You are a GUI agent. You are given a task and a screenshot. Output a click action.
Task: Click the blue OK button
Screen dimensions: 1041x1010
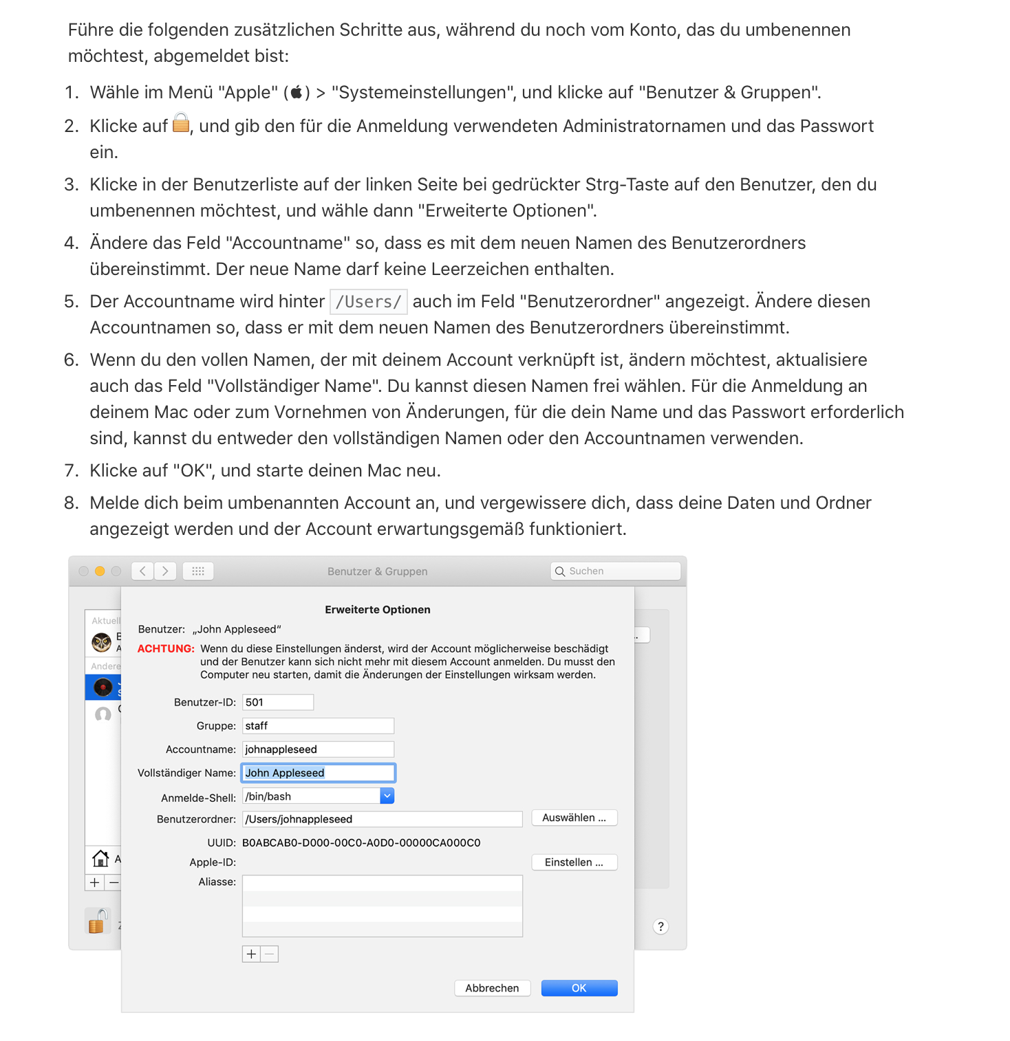pos(579,988)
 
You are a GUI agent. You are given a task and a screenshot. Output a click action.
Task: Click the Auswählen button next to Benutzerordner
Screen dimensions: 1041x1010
pos(574,818)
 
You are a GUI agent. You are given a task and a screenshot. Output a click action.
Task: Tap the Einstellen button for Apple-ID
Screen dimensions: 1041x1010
pos(574,862)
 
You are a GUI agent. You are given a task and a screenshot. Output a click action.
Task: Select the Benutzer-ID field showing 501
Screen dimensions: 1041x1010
pos(278,702)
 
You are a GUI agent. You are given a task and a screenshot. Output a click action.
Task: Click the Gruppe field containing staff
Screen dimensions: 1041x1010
pos(318,725)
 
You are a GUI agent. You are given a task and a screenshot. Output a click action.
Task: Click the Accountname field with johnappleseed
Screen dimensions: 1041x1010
pos(318,749)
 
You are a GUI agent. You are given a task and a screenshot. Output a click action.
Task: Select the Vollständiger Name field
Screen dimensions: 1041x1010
pos(318,773)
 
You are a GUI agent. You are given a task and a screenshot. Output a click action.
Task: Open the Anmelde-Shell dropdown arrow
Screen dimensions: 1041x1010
pos(387,796)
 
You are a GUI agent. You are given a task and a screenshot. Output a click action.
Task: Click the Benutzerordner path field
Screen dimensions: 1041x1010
pos(382,819)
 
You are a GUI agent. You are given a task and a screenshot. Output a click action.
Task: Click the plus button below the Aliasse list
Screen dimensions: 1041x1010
pos(251,954)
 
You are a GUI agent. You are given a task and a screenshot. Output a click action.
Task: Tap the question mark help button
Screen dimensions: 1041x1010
pos(660,926)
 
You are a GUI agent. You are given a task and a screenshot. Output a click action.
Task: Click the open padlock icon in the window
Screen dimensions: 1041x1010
pos(98,921)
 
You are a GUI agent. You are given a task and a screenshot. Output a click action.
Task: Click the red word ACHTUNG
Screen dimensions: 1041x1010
pos(166,648)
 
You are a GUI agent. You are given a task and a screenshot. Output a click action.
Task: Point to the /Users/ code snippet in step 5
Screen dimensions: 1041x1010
pos(369,302)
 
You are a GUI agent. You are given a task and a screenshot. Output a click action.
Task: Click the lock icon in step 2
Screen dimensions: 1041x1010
pos(181,124)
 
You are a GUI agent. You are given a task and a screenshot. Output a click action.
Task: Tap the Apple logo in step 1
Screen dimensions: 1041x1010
pos(297,92)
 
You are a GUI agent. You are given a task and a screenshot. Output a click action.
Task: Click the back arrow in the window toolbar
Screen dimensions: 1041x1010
pos(142,571)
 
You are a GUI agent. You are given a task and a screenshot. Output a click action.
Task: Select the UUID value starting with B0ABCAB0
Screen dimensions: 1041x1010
pos(361,843)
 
